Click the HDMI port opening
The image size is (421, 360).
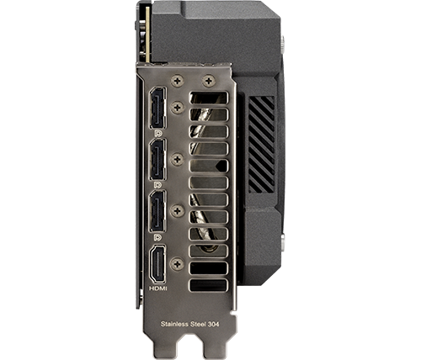point(157,264)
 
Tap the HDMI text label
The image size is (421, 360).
point(157,289)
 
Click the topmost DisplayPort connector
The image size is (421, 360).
point(157,108)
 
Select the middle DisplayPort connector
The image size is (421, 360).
point(157,160)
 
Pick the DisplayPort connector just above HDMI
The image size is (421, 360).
point(157,211)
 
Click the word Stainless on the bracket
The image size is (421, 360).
point(174,324)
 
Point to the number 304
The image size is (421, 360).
point(214,325)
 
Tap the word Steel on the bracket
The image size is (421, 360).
point(198,324)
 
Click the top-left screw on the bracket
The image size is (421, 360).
point(178,81)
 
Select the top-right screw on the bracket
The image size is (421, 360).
point(209,81)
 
